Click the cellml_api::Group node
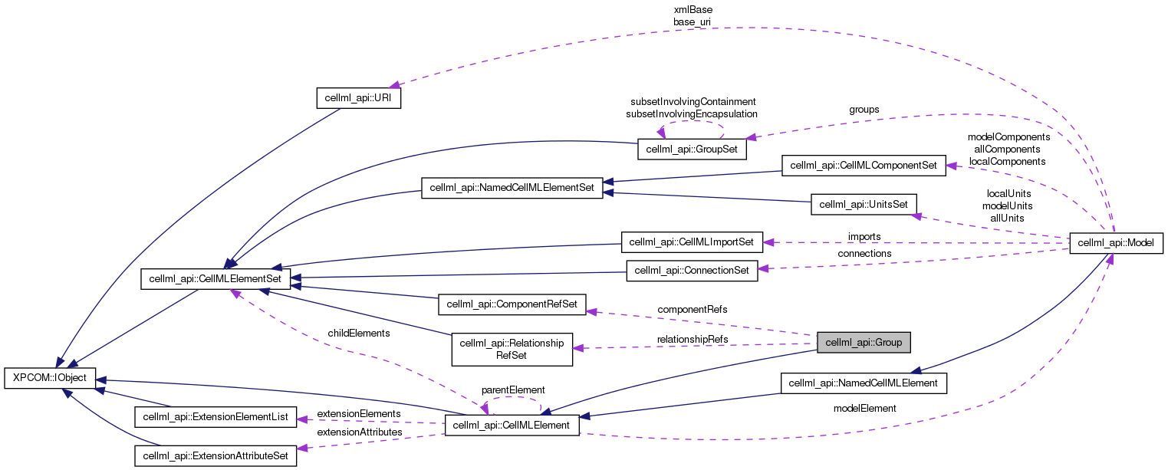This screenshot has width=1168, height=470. coord(864,343)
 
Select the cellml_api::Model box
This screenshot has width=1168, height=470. coord(1116,243)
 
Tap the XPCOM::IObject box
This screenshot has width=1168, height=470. coord(50,378)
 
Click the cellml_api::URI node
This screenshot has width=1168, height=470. coord(359,99)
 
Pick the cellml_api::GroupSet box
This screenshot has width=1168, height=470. coord(692,149)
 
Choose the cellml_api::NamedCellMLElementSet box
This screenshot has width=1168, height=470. coord(512,188)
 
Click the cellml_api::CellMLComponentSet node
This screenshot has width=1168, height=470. coord(863,165)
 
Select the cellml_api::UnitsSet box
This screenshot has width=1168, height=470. coord(864,204)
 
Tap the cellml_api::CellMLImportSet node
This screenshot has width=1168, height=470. coord(691,242)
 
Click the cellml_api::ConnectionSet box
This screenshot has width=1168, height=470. coord(692,271)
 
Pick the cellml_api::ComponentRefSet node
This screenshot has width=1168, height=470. coord(512,304)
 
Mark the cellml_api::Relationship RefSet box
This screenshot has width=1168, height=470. coord(511,348)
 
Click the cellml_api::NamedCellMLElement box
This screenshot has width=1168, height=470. coord(864,383)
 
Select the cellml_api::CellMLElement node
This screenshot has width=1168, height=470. coord(512,425)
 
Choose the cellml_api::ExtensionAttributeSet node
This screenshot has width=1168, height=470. coord(215,455)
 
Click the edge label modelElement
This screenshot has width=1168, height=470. coord(864,409)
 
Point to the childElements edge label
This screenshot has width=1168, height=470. coord(358,334)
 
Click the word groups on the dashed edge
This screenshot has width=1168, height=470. coord(864,110)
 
